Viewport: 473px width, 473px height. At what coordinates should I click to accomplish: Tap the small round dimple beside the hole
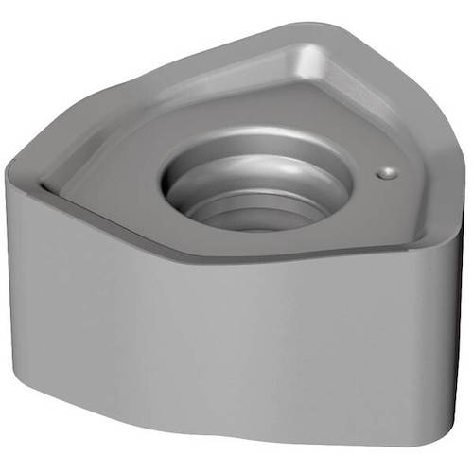[386, 173]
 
